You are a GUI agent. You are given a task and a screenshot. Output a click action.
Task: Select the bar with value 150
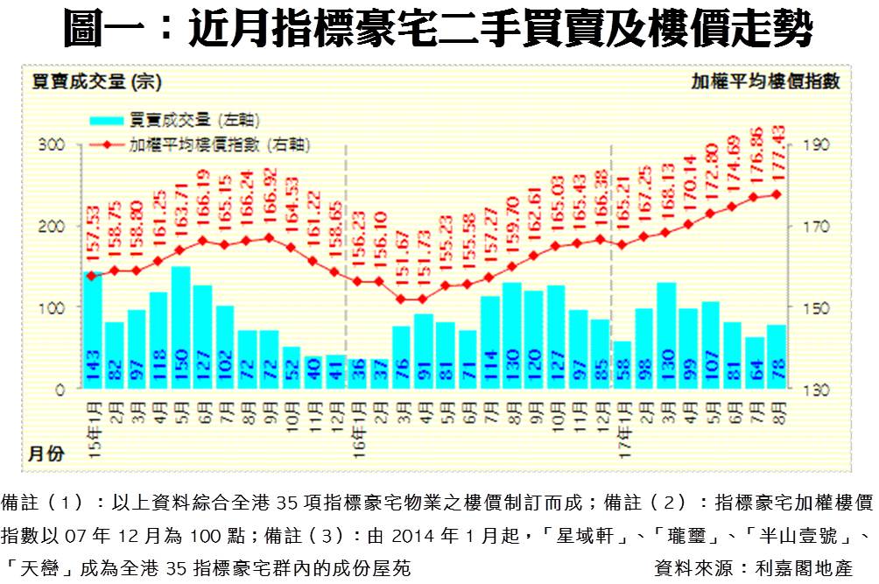pyautogui.click(x=181, y=328)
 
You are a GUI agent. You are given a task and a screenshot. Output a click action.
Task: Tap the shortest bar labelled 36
pyautogui.click(x=357, y=375)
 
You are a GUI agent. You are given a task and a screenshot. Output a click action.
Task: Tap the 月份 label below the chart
pyautogui.click(x=46, y=454)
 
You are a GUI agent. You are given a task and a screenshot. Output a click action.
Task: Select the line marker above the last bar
pyautogui.click(x=776, y=194)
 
